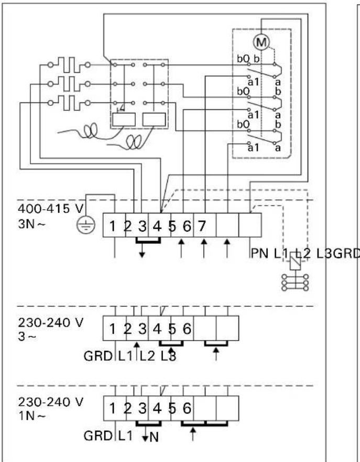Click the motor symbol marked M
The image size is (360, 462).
[261, 41]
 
